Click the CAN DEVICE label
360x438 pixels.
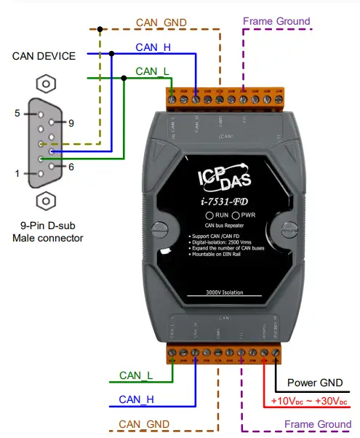coord(44,55)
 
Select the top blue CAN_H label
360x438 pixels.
coord(153,47)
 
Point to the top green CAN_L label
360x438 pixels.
coord(153,71)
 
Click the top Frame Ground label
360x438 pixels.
coord(276,21)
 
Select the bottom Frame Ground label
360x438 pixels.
coord(318,423)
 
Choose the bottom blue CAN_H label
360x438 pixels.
coord(137,399)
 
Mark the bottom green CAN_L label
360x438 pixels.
coord(136,375)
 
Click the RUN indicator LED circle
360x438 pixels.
coord(209,216)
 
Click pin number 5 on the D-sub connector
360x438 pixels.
coord(17,114)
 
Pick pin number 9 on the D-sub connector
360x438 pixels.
coord(71,123)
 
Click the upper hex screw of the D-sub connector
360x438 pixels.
coord(46,84)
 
